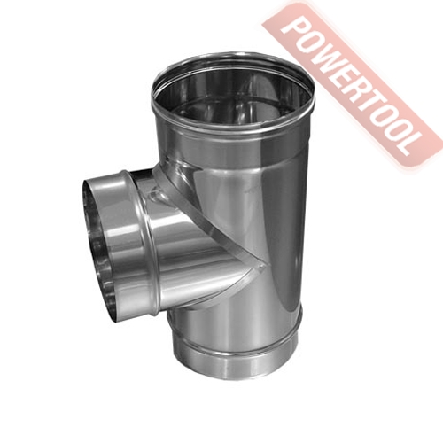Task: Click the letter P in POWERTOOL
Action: pyautogui.click(x=291, y=29)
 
